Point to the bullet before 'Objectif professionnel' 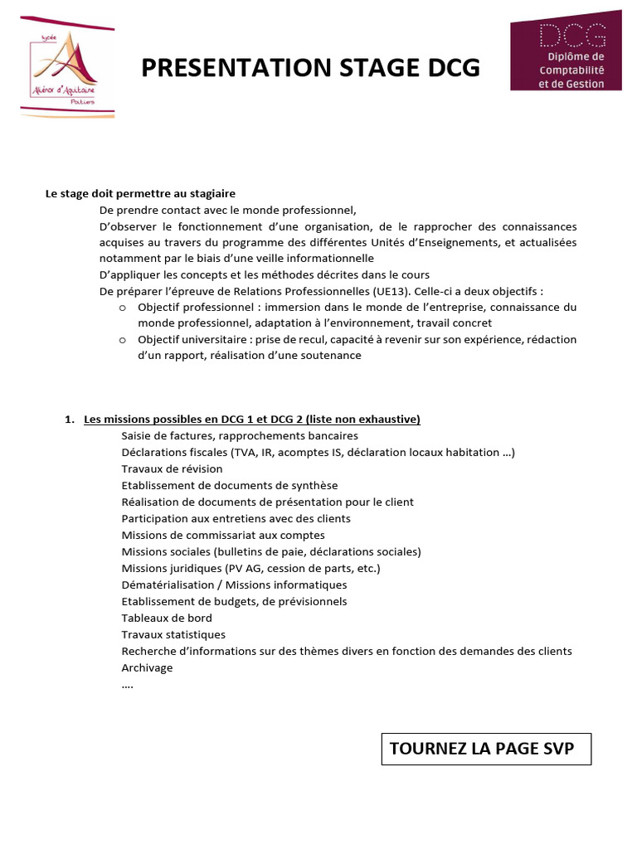(x=122, y=307)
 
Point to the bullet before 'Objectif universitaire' (x=122, y=340)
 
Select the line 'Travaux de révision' (x=172, y=468)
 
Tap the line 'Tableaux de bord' (x=167, y=618)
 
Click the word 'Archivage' (x=147, y=667)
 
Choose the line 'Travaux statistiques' (x=173, y=634)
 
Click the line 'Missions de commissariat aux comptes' (x=223, y=535)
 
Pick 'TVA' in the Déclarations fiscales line (x=243, y=452)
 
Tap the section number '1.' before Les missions (x=70, y=420)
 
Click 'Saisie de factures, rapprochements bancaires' (x=240, y=435)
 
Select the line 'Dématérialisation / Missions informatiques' (x=234, y=585)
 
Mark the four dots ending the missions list (x=127, y=686)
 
